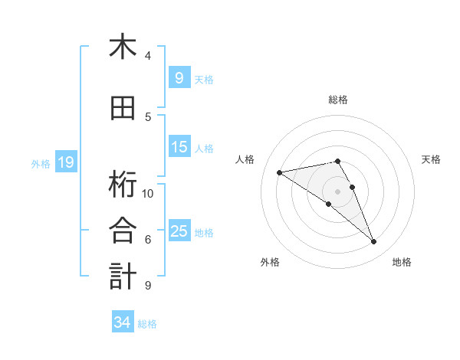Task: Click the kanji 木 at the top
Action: [123, 47]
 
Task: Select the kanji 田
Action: [123, 108]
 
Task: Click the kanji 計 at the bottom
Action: [123, 277]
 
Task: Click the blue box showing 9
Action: [179, 77]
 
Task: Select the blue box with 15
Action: [179, 147]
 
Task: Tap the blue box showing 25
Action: [179, 231]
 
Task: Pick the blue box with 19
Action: [65, 162]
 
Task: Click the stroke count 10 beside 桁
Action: [148, 193]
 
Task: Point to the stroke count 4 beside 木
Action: [148, 55]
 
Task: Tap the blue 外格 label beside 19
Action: [41, 163]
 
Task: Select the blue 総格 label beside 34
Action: [147, 324]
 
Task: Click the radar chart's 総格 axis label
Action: [337, 100]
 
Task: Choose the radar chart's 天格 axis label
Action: [431, 159]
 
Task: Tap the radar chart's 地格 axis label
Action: [402, 263]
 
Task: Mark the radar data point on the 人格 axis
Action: [280, 172]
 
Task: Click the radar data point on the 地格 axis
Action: [374, 242]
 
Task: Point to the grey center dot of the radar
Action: [337, 191]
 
